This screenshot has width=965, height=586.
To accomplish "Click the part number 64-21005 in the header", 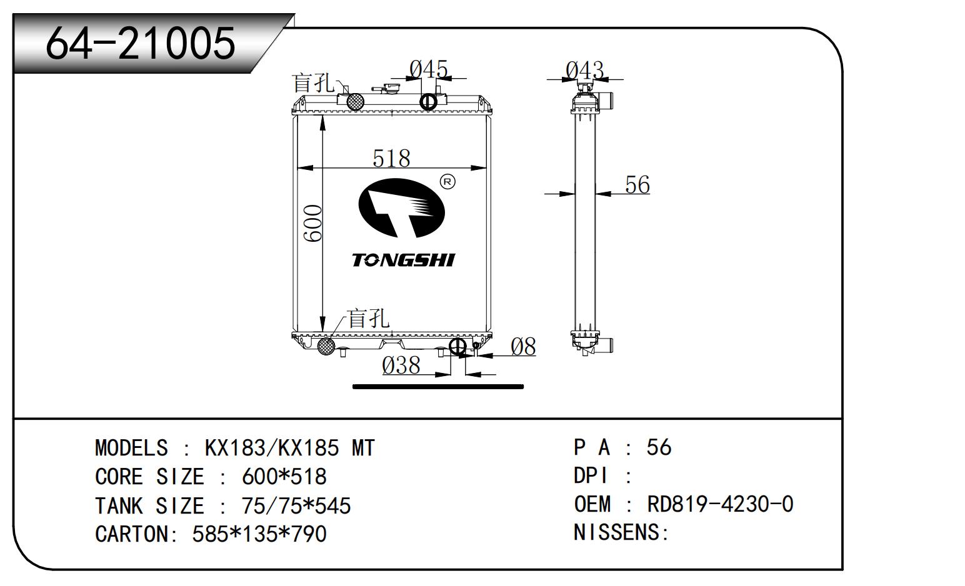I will pos(141,43).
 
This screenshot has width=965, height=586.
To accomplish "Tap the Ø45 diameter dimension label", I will pos(429,69).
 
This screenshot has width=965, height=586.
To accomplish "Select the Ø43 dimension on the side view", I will pos(584,69).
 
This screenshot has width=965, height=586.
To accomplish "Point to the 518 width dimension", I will pos(391,158).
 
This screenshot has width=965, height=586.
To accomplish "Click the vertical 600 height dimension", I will pos(312,223).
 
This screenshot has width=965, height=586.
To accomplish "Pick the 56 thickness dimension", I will pos(637,185).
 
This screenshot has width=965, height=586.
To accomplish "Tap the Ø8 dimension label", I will pos(523,347).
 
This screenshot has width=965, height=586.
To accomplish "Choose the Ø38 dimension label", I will pos(401,365).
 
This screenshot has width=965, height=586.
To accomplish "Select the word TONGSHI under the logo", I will pos(403,260).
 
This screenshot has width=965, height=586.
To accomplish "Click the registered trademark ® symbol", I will pos(447,182).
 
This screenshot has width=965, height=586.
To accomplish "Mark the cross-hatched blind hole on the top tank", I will pos(356,101).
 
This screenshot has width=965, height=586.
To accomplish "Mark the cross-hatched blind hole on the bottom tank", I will pos(326,345).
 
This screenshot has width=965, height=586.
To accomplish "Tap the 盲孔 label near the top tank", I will pos(314,83).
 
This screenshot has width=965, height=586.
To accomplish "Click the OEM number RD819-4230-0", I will pos(719,504).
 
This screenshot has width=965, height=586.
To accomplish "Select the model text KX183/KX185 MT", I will pos(290,448).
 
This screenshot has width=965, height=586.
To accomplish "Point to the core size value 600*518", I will pos(284,477).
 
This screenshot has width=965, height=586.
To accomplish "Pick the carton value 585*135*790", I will pos(259,534).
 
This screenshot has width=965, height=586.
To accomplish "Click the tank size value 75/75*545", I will pos(296,506).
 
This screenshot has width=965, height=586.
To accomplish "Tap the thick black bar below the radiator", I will pos(438,387).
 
